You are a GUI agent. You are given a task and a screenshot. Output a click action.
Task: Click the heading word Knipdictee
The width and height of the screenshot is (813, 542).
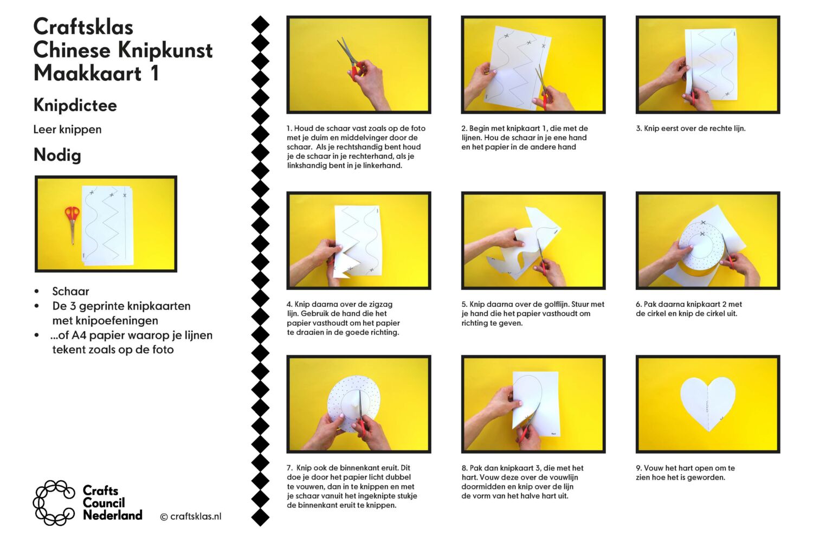click(75, 106)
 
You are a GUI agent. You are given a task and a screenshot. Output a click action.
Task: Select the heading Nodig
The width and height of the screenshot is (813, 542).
click(57, 155)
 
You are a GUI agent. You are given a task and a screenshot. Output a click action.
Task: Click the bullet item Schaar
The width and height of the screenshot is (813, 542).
click(71, 291)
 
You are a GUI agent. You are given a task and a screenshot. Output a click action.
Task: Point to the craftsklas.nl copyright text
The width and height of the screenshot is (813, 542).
click(191, 516)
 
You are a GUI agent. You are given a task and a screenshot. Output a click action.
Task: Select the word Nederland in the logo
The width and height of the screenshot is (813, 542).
click(113, 515)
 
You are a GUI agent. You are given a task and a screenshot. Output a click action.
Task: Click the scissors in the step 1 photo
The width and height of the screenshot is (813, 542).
click(350, 60)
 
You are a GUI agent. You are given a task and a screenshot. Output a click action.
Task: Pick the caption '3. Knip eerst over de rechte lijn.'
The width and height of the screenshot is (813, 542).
click(691, 128)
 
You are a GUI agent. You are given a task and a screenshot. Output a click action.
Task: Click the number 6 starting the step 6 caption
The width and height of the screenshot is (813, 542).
click(638, 304)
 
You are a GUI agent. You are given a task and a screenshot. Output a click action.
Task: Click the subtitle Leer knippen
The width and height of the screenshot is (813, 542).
click(68, 130)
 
